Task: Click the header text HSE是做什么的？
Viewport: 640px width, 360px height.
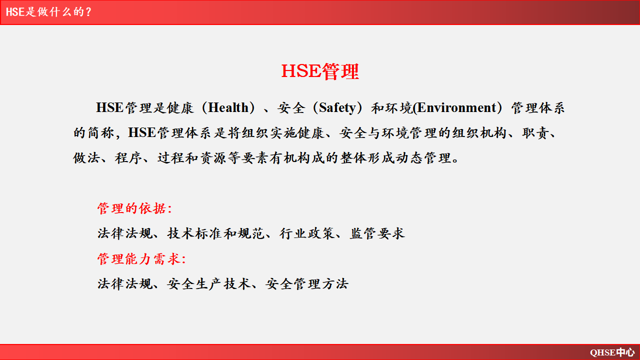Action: [48, 12]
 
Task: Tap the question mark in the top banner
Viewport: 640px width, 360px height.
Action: [88, 12]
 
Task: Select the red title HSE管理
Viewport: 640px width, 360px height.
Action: [320, 71]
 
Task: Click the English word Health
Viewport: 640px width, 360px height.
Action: [228, 107]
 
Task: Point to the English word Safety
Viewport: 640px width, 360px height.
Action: [337, 108]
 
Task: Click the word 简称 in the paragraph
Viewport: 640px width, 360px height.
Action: [101, 133]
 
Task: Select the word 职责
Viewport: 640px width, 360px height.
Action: [535, 133]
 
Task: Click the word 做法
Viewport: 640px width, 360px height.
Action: [86, 158]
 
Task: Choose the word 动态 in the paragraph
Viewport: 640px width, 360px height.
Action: [409, 158]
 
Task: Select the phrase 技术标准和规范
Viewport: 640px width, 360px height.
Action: [215, 233]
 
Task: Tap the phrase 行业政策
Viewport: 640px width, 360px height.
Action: [306, 233]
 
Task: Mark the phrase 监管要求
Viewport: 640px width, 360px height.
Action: [377, 233]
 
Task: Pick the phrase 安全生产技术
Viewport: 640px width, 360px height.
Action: [208, 284]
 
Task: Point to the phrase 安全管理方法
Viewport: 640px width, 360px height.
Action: [307, 284]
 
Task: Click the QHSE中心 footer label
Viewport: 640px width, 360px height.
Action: [612, 352]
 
